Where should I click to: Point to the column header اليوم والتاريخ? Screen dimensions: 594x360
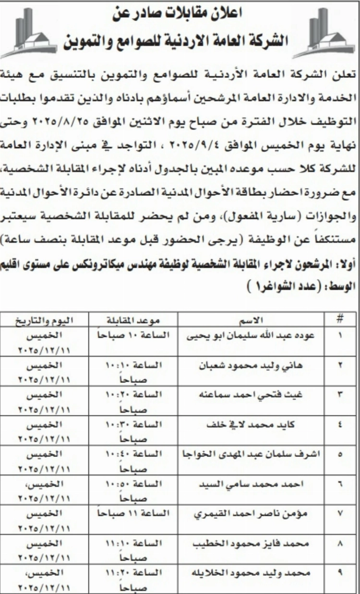46,320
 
